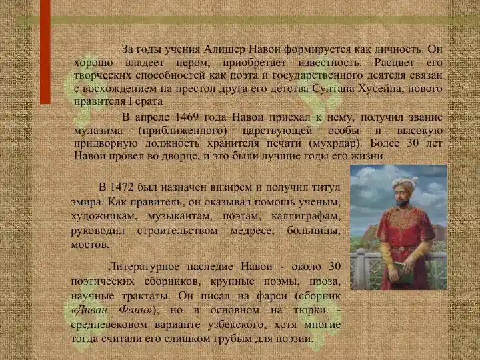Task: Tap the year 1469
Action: [187, 117]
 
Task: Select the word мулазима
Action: [98, 131]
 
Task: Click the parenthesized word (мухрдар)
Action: [335, 143]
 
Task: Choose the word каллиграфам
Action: [306, 216]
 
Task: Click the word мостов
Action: [90, 245]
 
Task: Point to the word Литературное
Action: [143, 266]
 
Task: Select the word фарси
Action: [272, 296]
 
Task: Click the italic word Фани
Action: [135, 310]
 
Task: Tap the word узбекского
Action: [237, 325]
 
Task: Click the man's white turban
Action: [405, 183]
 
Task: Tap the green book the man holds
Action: [405, 272]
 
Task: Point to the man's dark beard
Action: [402, 203]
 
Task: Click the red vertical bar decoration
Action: [45, 52]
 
